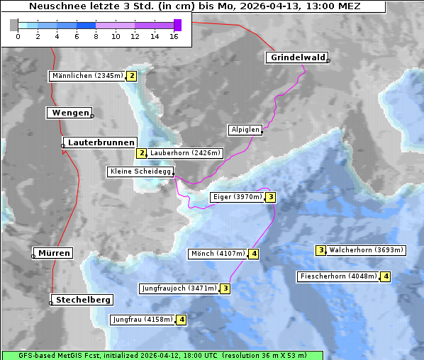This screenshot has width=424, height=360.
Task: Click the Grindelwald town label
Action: pyautogui.click(x=297, y=57)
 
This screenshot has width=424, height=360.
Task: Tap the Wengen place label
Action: pyautogui.click(x=69, y=113)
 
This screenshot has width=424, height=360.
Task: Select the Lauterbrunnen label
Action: pyautogui.click(x=91, y=142)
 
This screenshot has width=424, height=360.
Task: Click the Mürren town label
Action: pyautogui.click(x=54, y=253)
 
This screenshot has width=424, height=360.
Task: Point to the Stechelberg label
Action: pyautogui.click(x=83, y=300)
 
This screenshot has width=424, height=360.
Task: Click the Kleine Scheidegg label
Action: pyautogui.click(x=140, y=171)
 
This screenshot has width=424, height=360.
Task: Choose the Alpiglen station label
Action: pyautogui.click(x=245, y=130)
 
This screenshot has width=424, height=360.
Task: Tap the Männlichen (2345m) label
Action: pyautogui.click(x=87, y=76)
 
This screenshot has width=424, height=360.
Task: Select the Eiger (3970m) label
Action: pyautogui.click(x=238, y=197)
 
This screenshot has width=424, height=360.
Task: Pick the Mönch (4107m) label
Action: pyautogui.click(x=218, y=254)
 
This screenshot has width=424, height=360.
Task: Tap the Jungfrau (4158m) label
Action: pyautogui.click(x=143, y=320)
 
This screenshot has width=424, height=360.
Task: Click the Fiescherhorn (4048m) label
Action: pyautogui.click(x=338, y=276)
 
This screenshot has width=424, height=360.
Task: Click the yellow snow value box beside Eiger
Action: pyautogui.click(x=270, y=197)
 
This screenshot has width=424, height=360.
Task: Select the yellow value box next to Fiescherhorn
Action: pyautogui.click(x=385, y=276)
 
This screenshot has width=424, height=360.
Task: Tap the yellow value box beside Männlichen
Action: pyautogui.click(x=131, y=76)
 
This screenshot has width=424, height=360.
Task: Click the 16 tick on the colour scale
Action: pyautogui.click(x=174, y=36)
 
